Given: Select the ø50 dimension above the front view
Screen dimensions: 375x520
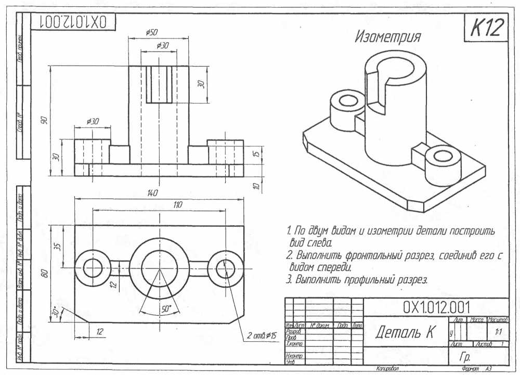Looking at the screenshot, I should pos(151,32).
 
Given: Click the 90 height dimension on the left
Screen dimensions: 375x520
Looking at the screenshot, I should pos(45,121).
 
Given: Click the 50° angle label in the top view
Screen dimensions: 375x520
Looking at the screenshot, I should pos(166,308).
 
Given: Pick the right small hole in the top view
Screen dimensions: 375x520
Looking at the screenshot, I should pos(225,268).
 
